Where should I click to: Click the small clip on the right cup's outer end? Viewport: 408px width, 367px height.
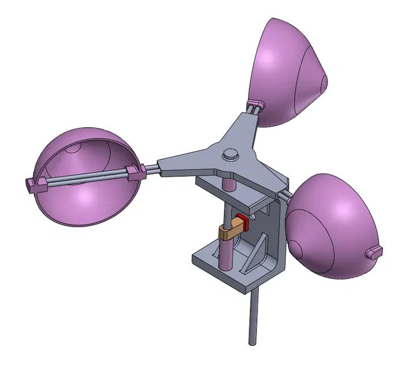coord(373,252)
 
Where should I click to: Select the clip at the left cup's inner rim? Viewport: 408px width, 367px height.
coord(135,172)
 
